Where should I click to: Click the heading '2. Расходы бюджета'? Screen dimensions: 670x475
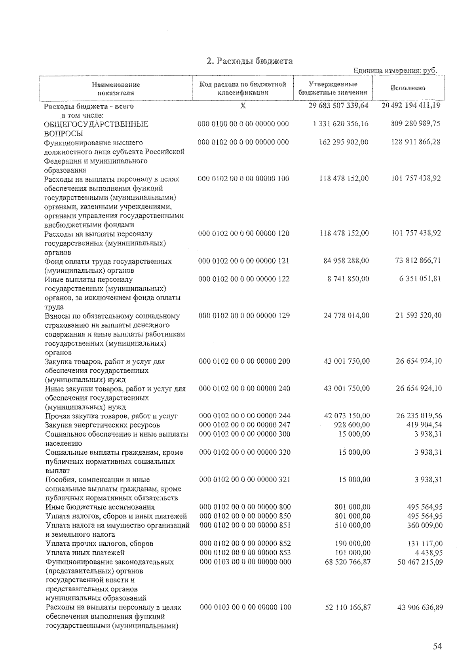(250, 61)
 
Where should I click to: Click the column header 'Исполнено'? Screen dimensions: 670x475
(408, 88)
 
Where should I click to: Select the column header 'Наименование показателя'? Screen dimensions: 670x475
(116, 89)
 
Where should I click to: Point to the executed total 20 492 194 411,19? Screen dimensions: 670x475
(411, 106)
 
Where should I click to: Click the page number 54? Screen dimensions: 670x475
(437, 646)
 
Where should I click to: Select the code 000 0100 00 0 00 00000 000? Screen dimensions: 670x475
(243, 124)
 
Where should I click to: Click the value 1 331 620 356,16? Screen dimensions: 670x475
(340, 124)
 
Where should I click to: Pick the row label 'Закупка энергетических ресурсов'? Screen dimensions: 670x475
(103, 425)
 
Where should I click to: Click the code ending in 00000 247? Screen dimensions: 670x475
(245, 425)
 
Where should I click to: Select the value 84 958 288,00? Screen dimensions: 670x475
(346, 261)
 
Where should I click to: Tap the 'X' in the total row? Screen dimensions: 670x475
(243, 106)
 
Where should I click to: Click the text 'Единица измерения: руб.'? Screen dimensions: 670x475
(395, 71)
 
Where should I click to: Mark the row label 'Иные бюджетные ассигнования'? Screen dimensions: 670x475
(100, 507)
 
